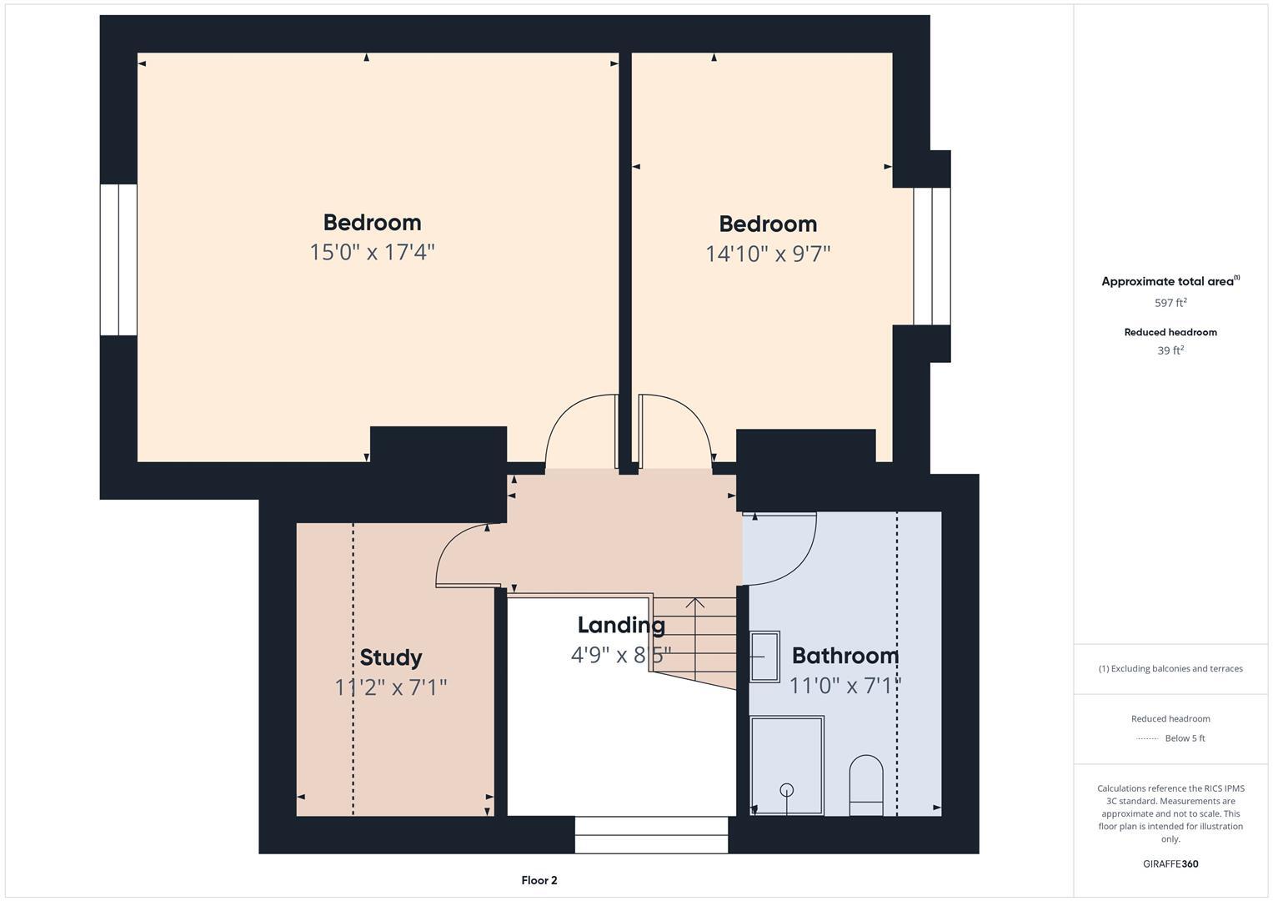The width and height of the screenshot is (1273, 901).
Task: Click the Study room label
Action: pyautogui.click(x=390, y=657)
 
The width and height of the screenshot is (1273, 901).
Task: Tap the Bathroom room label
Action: pyautogui.click(x=844, y=656)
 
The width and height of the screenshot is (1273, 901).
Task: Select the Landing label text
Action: pyautogui.click(x=621, y=625)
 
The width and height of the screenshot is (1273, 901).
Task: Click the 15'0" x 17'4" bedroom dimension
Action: pyautogui.click(x=372, y=252)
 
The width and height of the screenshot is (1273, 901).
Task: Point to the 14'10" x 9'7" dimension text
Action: pyautogui.click(x=768, y=254)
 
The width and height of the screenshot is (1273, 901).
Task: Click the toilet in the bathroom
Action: pyautogui.click(x=865, y=785)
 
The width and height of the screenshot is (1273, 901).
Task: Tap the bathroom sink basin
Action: pyautogui.click(x=764, y=657)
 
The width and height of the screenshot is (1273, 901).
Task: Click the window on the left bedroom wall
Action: pyautogui.click(x=118, y=259)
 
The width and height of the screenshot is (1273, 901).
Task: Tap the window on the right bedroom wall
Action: pyautogui.click(x=931, y=256)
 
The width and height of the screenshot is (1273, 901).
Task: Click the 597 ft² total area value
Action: pyautogui.click(x=1170, y=303)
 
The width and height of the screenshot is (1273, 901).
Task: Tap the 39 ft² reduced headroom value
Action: pyautogui.click(x=1170, y=350)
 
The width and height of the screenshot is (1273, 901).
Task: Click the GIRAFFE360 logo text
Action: pyautogui.click(x=1170, y=863)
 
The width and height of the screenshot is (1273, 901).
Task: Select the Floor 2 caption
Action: pyautogui.click(x=539, y=880)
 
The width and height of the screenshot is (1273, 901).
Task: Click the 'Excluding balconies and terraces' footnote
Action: pyautogui.click(x=1170, y=668)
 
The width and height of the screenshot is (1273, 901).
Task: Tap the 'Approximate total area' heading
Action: pyautogui.click(x=1167, y=282)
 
